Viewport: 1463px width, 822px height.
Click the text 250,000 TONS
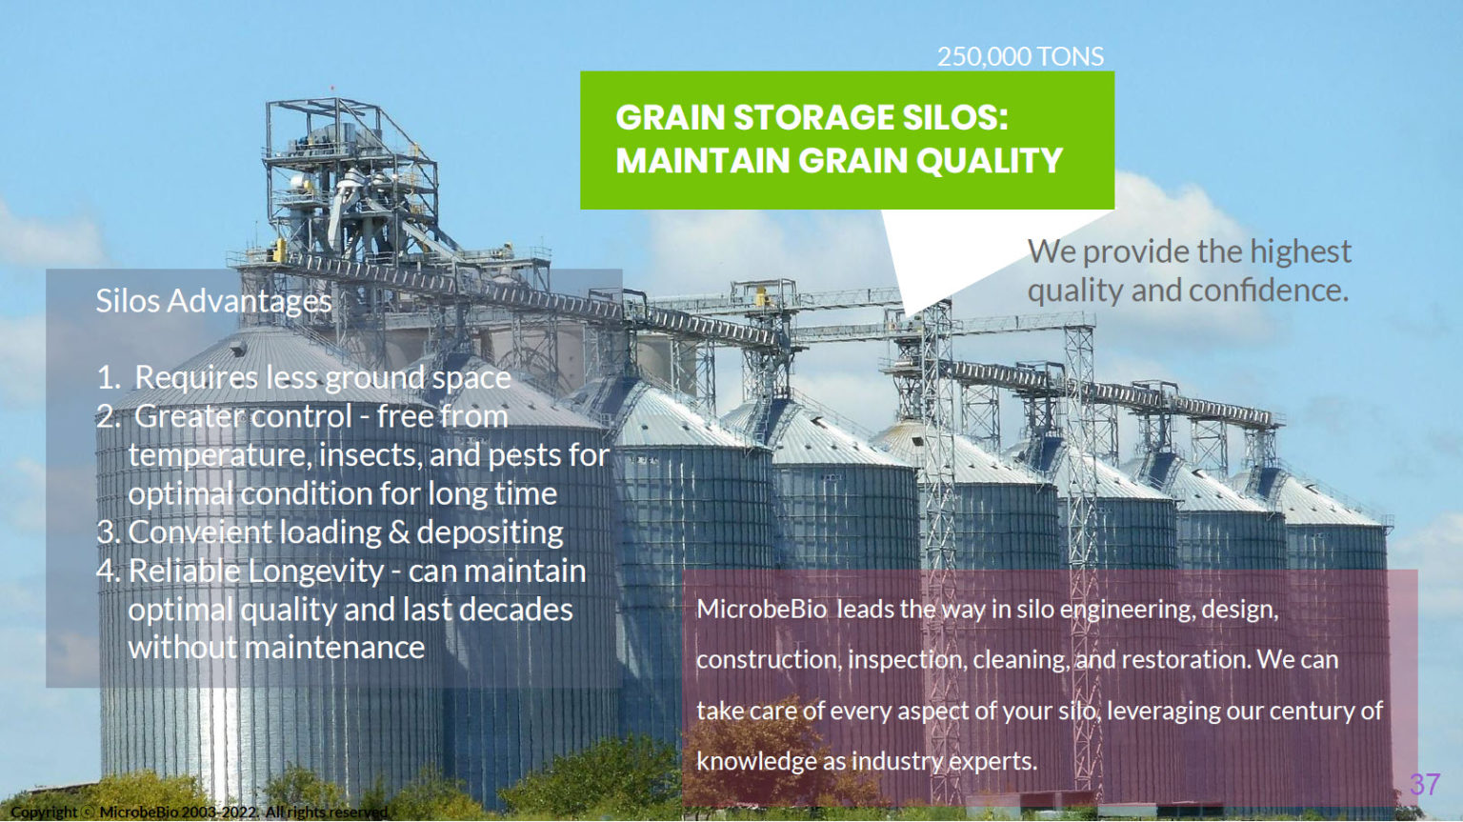[1020, 57]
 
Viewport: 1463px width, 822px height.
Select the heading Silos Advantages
[213, 301]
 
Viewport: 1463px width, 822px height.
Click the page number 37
[1425, 784]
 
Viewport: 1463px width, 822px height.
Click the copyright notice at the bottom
[200, 812]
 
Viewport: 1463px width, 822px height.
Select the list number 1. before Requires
[110, 378]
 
